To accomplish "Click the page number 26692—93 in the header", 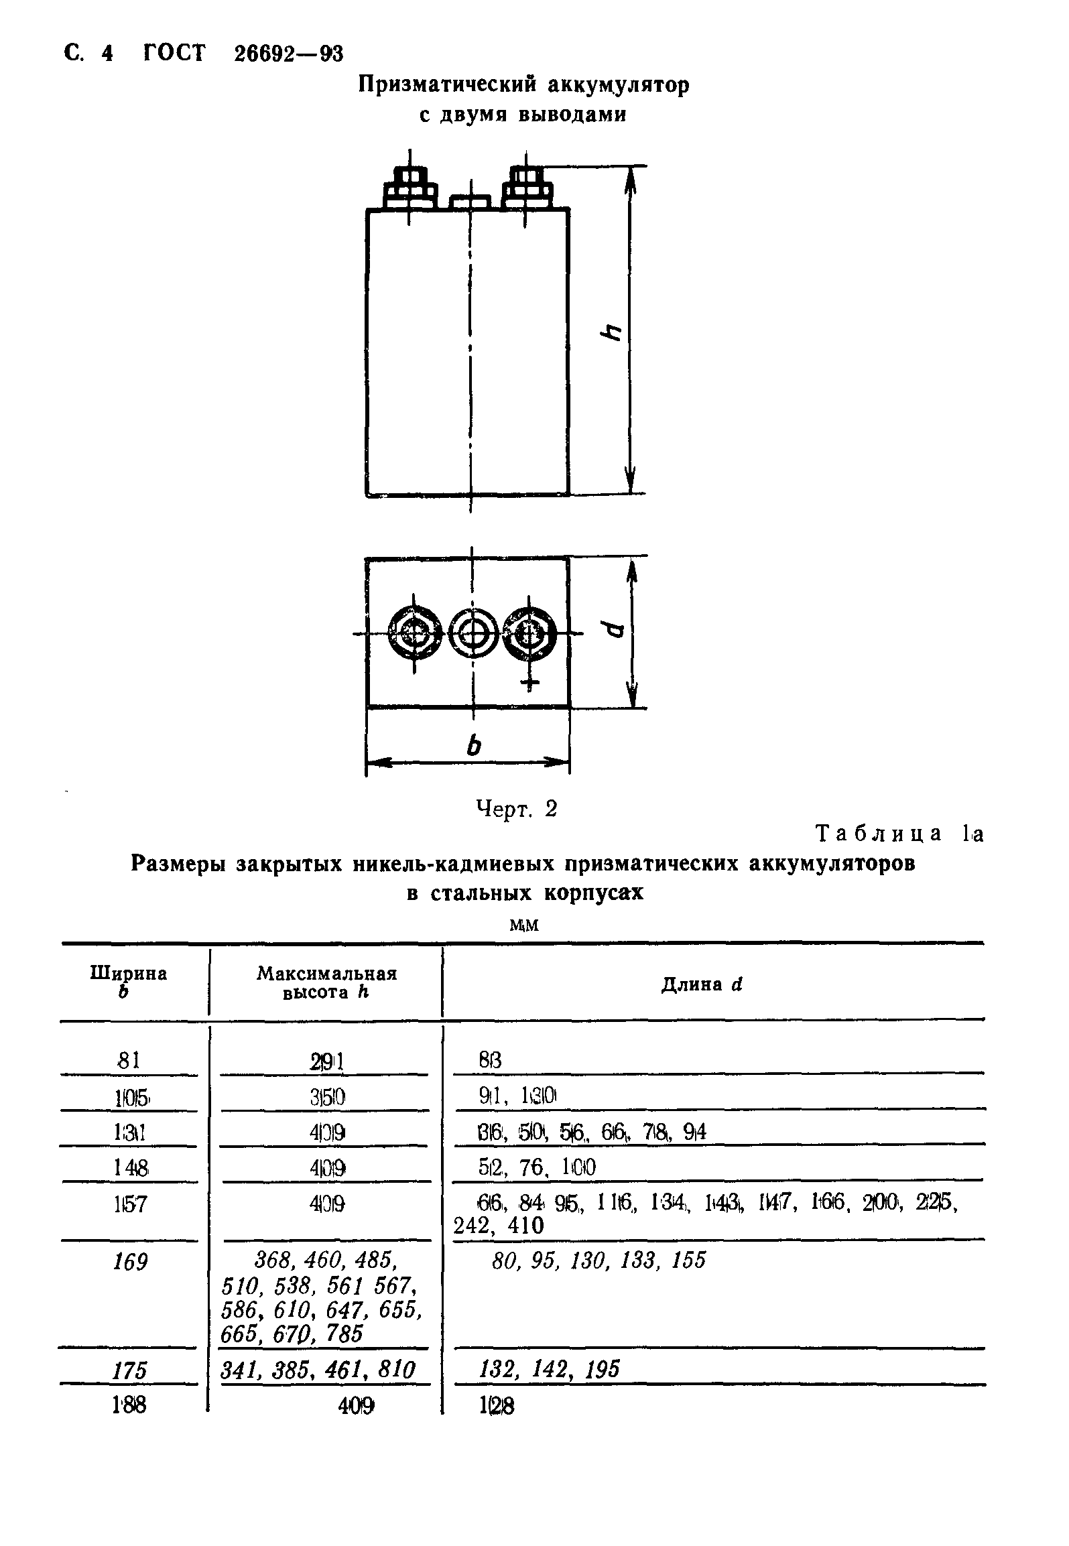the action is (289, 54).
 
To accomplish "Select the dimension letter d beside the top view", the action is (612, 631).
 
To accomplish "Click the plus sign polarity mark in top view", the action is (529, 683).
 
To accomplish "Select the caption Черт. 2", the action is (516, 810).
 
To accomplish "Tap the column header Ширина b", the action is (128, 981).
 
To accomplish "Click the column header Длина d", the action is (702, 984).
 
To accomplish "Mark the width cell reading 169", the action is (130, 1263).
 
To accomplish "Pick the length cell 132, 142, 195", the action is (550, 1369).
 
